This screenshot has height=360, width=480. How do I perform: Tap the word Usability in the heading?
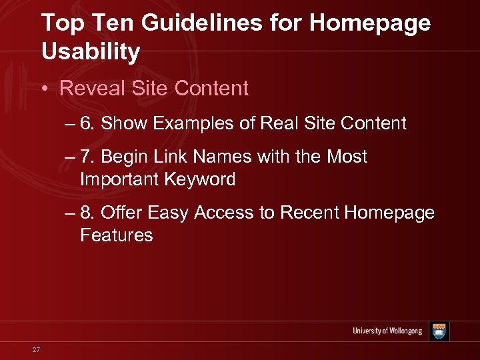91,51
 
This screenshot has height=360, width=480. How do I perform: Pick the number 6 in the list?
85,123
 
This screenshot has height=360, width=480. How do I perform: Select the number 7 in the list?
85,157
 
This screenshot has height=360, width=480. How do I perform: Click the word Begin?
124,157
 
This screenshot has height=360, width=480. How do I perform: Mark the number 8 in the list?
85,213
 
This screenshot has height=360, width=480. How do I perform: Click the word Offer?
121,213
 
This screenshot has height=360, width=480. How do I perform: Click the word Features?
116,235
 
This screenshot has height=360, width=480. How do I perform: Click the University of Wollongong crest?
439,331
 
